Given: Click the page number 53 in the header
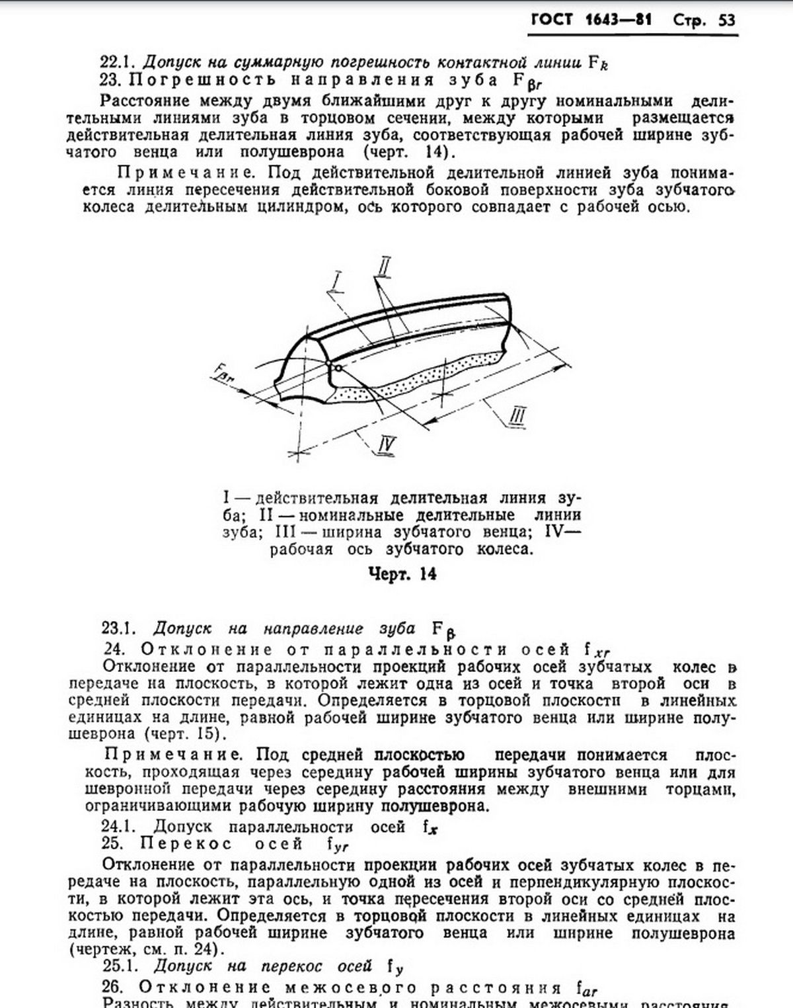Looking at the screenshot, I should pos(726,20).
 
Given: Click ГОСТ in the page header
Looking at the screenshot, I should pos(552,20).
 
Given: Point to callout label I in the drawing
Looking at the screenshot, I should pos(338,280).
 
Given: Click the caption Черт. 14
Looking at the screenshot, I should pos(402,573).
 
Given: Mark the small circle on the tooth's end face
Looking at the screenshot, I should pos(337,368).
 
